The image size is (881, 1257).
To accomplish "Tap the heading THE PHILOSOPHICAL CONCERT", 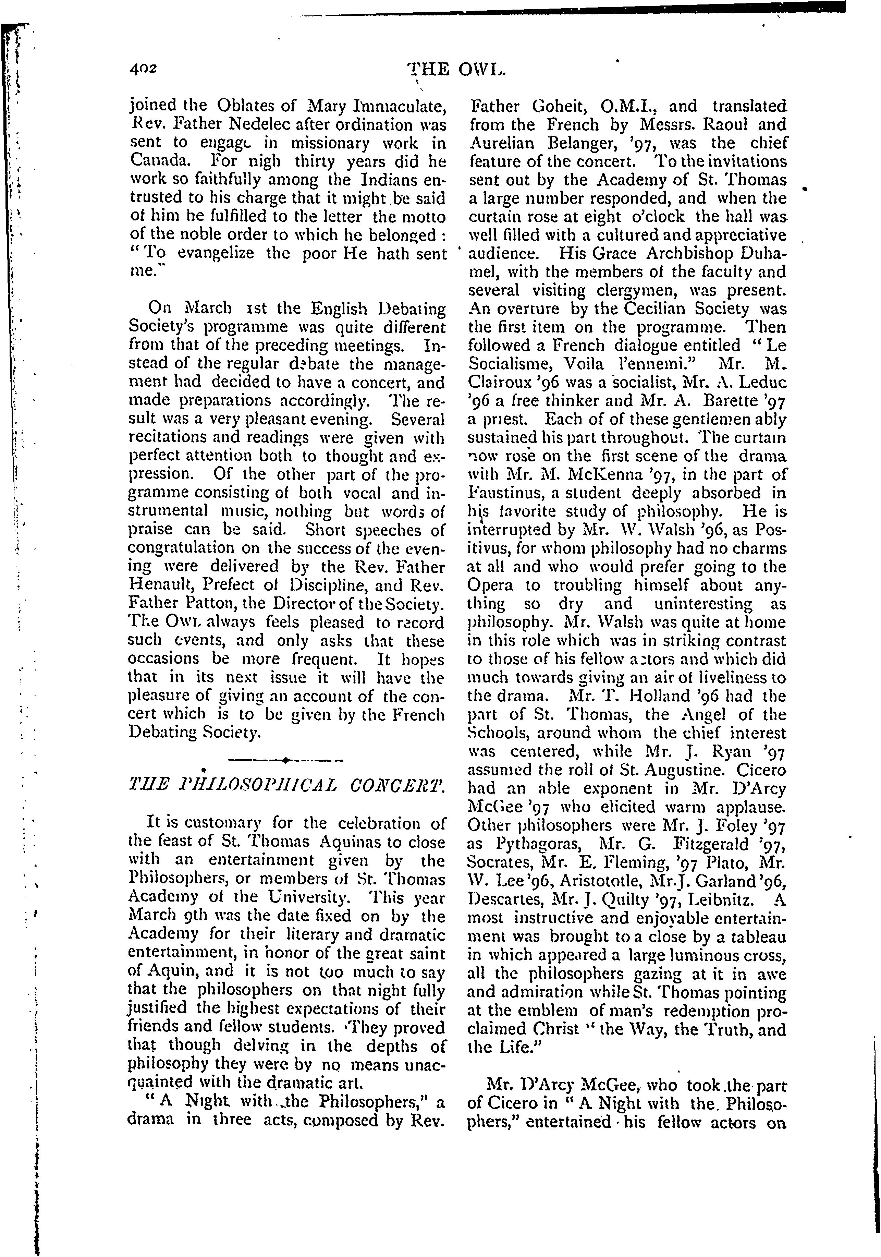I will click(284, 787).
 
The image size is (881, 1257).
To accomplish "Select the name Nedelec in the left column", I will click(241, 124).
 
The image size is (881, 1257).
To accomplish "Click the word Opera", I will click(490, 585).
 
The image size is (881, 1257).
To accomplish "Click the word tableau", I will click(758, 936).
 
